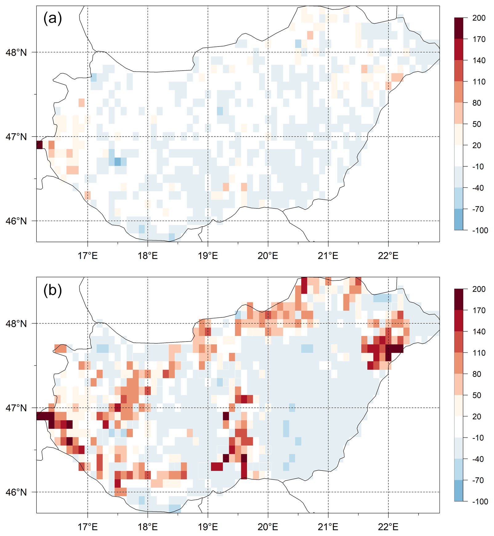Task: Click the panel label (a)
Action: [x=53, y=18]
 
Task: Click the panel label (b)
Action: [x=53, y=290]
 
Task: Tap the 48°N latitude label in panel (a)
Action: [x=16, y=52]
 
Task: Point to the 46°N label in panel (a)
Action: [x=16, y=221]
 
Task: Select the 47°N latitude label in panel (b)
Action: [x=16, y=408]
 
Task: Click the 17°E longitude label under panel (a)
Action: [x=88, y=256]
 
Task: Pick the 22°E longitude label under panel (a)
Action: [x=388, y=256]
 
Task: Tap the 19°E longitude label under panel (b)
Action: [x=208, y=527]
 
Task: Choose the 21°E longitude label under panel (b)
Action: [x=328, y=527]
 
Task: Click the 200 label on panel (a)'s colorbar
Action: [x=479, y=18]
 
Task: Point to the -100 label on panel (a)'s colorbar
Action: [x=480, y=230]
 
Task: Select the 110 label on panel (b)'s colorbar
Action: [x=479, y=353]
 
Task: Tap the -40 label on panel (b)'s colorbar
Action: [x=478, y=459]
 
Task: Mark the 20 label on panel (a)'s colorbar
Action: [x=477, y=145]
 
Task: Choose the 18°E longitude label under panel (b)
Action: [x=148, y=527]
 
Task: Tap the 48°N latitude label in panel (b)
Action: [x=16, y=324]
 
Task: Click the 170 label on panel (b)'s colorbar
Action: [x=479, y=310]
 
